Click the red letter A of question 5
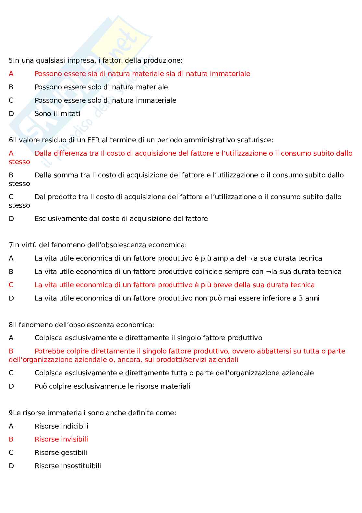pyautogui.click(x=11, y=74)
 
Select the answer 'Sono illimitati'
pyautogui.click(x=57, y=114)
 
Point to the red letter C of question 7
pyautogui.click(x=11, y=285)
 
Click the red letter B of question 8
pyautogui.click(x=11, y=351)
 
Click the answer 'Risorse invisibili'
pyautogui.click(x=61, y=439)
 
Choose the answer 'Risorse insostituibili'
pyautogui.click(x=68, y=466)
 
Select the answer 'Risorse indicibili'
pyautogui.click(x=61, y=426)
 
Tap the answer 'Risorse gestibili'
pyautogui.click(x=61, y=453)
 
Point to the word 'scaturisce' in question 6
pyautogui.click(x=255, y=140)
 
